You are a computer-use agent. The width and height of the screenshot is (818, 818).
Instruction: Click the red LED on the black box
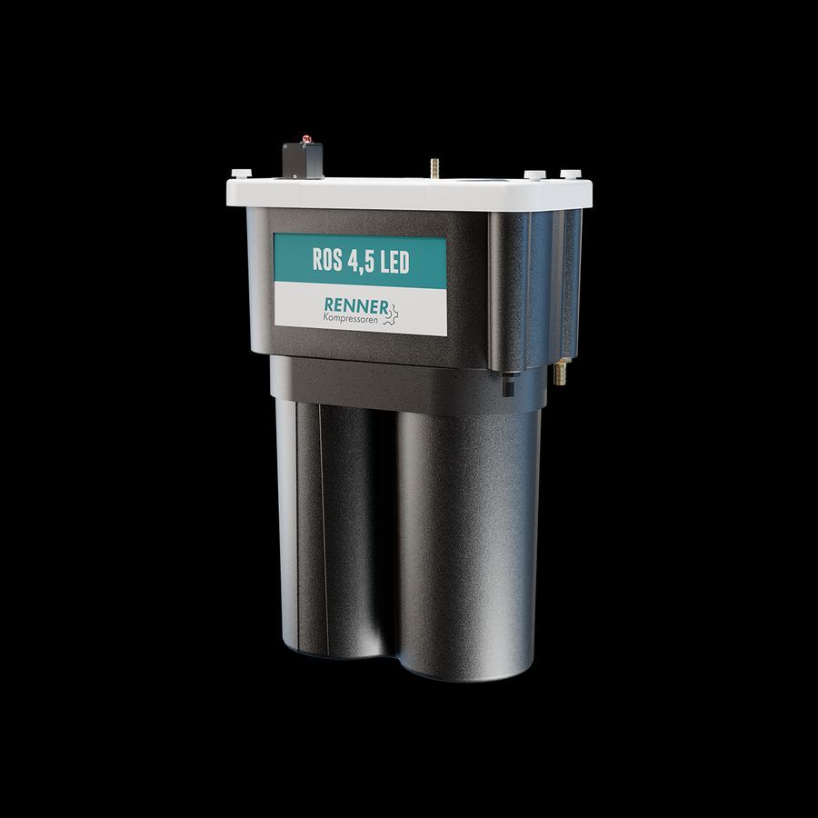click(x=306, y=139)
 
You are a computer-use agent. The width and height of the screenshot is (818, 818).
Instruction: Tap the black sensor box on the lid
click(x=303, y=160)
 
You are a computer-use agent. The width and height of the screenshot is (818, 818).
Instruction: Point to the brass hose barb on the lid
click(x=434, y=168)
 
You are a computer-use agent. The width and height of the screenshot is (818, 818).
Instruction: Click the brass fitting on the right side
click(x=560, y=372)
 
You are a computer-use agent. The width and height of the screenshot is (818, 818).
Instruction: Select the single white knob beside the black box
click(x=241, y=174)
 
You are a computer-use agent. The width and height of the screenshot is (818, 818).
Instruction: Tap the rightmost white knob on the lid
click(x=570, y=174)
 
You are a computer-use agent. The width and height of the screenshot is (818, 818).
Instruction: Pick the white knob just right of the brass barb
click(x=534, y=175)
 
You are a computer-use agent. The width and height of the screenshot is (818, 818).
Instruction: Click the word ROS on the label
click(x=327, y=259)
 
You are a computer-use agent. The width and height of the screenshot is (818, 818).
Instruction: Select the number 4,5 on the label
click(x=362, y=260)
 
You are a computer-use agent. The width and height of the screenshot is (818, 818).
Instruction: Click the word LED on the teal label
click(x=395, y=261)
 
